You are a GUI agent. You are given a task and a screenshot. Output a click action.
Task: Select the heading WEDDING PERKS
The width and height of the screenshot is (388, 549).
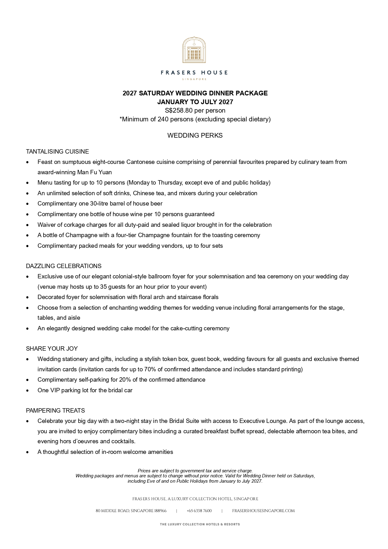pyautogui.click(x=195, y=135)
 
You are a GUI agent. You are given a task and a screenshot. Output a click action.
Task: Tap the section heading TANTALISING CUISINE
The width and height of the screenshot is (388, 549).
pyautogui.click(x=57, y=152)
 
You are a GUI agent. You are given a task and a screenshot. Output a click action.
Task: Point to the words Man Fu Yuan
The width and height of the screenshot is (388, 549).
pyautogui.click(x=94, y=172)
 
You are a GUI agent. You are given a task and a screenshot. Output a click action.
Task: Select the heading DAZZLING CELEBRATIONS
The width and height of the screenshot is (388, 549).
pyautogui.click(x=64, y=266)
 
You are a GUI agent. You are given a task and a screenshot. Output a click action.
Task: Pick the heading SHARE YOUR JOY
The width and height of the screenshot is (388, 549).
pyautogui.click(x=52, y=349)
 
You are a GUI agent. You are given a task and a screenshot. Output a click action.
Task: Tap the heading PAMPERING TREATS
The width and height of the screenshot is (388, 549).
pyautogui.click(x=55, y=411)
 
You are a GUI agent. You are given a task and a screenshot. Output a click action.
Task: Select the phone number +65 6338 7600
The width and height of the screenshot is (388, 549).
pyautogui.click(x=199, y=511)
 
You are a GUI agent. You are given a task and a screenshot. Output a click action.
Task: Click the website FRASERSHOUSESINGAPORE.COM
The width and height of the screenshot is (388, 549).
pyautogui.click(x=263, y=511)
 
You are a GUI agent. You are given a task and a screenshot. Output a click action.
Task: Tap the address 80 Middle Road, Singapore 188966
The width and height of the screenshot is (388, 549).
pyautogui.click(x=131, y=511)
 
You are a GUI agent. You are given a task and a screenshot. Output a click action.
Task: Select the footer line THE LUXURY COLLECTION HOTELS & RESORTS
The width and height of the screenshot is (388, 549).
pyautogui.click(x=200, y=524)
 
